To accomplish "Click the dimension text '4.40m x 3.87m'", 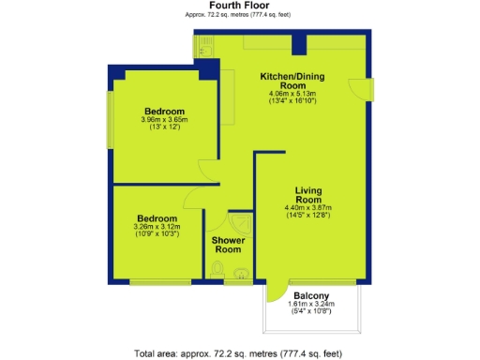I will tap(308, 207).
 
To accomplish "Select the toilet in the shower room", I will tap(217, 272).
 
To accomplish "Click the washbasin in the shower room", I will tap(242, 275).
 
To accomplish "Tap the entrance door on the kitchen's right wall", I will tap(364, 86).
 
